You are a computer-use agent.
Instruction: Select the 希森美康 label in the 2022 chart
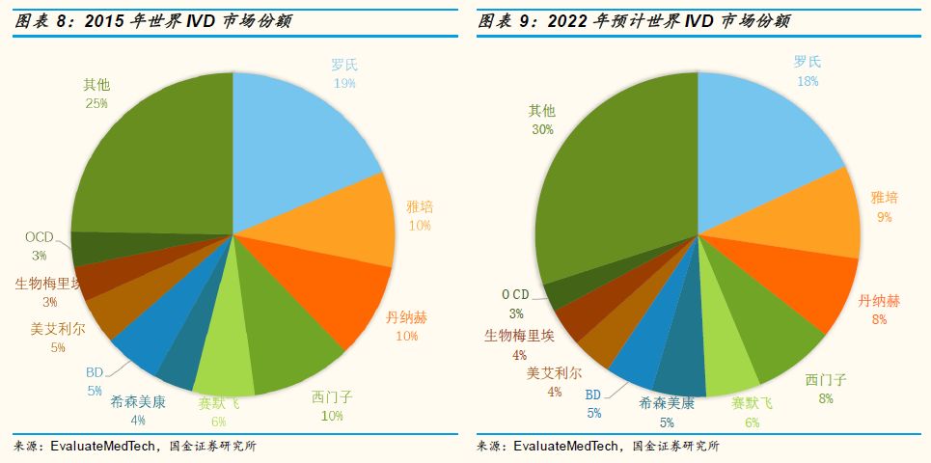click(x=667, y=405)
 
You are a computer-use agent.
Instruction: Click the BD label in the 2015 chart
click(x=94, y=373)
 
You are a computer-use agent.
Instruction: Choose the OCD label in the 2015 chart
click(x=40, y=237)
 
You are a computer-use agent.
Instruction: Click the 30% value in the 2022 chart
click(x=541, y=128)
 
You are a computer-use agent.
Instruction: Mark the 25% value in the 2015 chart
click(x=96, y=102)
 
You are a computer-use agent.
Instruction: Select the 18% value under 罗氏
click(x=808, y=81)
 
